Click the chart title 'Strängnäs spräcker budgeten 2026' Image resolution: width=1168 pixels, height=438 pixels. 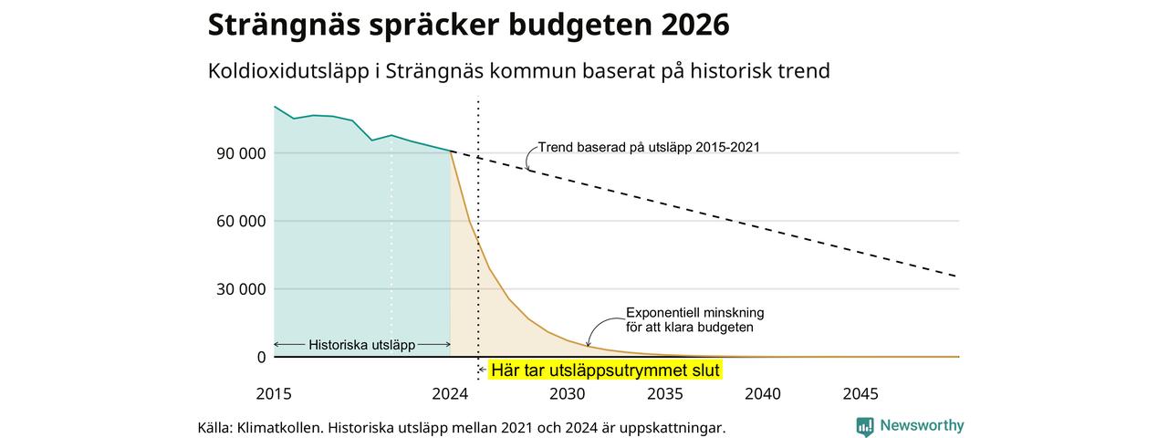468,25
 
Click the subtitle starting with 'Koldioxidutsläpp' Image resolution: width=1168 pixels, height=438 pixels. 519,71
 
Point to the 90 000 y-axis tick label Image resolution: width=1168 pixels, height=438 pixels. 241,154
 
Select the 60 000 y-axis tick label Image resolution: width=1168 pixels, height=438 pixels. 241,222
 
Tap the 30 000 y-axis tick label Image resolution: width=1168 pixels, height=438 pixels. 241,289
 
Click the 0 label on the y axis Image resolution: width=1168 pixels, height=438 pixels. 261,357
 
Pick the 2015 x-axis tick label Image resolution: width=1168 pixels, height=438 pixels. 274,393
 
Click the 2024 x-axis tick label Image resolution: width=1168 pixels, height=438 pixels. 450,393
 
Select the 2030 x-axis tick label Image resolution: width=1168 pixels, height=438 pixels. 568,393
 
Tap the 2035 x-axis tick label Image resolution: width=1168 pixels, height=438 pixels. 665,393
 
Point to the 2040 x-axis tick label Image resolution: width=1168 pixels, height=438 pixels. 763,393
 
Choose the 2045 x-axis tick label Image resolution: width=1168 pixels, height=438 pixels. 860,393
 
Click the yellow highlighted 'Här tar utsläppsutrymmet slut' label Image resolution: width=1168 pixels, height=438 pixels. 605,370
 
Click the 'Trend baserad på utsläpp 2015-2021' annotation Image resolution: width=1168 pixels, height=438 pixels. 649,148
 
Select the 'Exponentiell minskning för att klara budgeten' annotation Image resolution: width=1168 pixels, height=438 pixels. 694,320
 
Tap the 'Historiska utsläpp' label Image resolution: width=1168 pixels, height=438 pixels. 362,345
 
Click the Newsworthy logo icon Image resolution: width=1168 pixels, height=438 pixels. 864,426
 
